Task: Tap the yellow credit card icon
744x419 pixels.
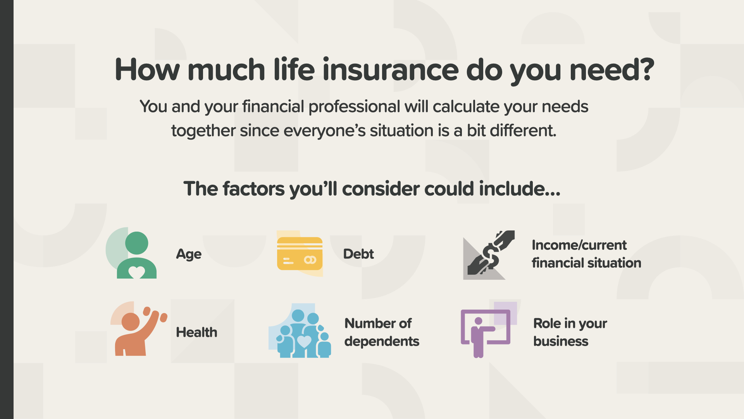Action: pyautogui.click(x=300, y=254)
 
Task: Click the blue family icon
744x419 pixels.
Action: pyautogui.click(x=300, y=331)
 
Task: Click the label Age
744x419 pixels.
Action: pyautogui.click(x=189, y=255)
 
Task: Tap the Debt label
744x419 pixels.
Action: pyautogui.click(x=358, y=254)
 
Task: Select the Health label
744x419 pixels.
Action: pyautogui.click(x=196, y=332)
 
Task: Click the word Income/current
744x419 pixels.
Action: pyautogui.click(x=579, y=245)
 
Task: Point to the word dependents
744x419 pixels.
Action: pyautogui.click(x=382, y=341)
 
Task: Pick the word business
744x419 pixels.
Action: pyautogui.click(x=561, y=341)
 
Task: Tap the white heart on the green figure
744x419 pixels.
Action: pyautogui.click(x=136, y=272)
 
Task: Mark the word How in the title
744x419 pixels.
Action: pyautogui.click(x=147, y=70)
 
